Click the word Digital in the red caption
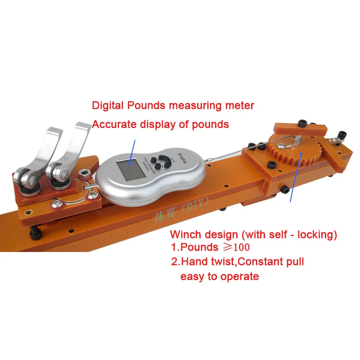tap(108, 106)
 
